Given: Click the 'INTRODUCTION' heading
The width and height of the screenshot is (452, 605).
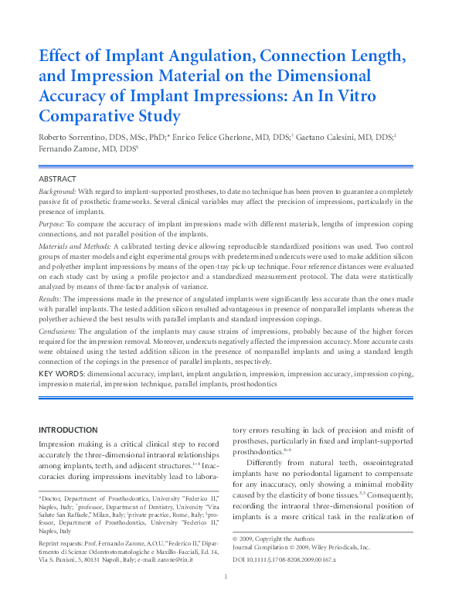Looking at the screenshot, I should [68, 430].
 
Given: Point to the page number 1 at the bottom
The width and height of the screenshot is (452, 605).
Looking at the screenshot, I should [225, 598].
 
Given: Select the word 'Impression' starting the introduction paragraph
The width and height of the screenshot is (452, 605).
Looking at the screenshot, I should [60, 444].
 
